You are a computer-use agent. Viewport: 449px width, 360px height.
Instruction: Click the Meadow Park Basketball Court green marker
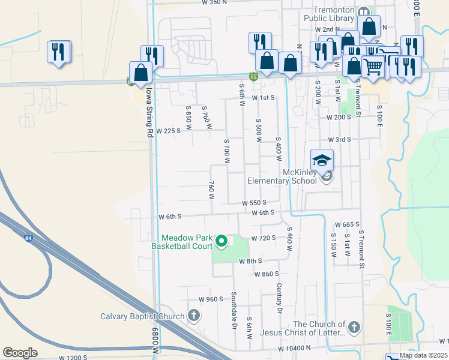coord(221,241)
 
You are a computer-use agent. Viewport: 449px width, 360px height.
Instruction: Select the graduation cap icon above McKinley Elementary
coord(322,160)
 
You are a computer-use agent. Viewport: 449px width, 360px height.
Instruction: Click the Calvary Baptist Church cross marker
coord(193,315)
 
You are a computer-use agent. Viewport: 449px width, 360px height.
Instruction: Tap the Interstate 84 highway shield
coord(28,238)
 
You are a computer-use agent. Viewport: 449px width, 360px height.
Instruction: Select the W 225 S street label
coord(169,130)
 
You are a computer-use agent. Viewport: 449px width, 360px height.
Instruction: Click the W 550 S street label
coord(254,203)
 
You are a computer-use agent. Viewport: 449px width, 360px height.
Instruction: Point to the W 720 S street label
coord(264,238)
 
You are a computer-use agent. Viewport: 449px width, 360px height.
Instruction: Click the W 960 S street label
coord(211,299)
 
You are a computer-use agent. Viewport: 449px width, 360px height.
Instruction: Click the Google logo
coord(20,353)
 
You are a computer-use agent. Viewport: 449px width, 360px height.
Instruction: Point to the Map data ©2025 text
coord(423,355)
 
